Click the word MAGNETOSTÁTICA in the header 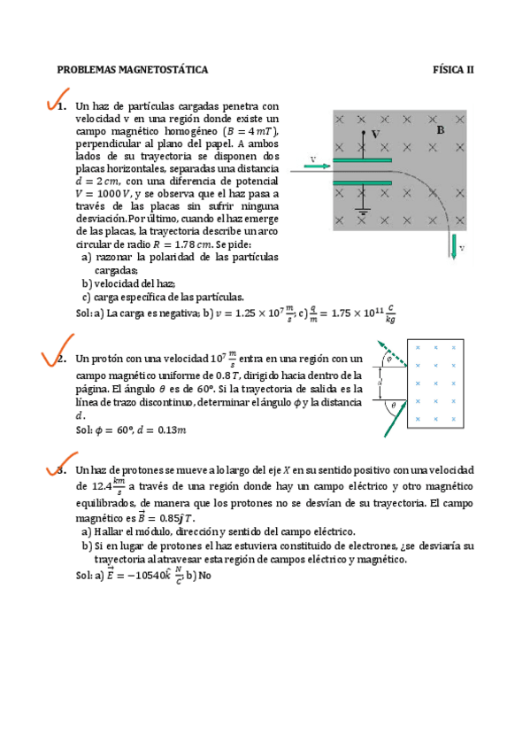[x=163, y=68]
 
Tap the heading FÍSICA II [x=453, y=68]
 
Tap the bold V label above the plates [x=375, y=134]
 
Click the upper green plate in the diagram [x=363, y=160]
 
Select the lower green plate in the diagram [x=363, y=183]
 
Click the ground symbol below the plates [x=363, y=213]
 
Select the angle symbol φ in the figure [x=387, y=359]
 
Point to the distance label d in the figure [x=378, y=383]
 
